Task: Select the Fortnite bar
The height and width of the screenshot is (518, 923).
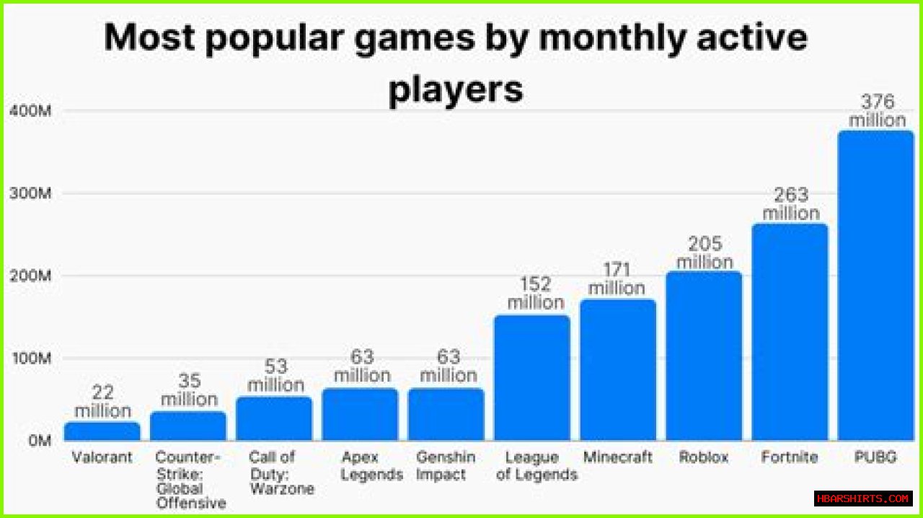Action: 790,332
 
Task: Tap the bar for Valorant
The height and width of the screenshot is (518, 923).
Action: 102,431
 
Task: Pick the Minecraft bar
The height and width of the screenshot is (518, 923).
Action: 618,369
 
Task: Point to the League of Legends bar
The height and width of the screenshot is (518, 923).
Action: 532,377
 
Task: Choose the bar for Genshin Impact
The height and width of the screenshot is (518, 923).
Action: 446,414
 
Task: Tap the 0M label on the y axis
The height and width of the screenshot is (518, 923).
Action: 40,440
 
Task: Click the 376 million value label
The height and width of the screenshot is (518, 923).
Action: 877,110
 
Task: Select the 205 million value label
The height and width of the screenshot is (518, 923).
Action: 705,253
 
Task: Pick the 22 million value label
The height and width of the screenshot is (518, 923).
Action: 102,402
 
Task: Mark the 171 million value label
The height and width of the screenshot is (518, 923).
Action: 617,278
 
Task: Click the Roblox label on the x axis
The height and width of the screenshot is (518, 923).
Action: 704,457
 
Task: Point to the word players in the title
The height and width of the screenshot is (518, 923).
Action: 456,89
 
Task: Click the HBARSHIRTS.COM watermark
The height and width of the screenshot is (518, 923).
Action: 863,499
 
